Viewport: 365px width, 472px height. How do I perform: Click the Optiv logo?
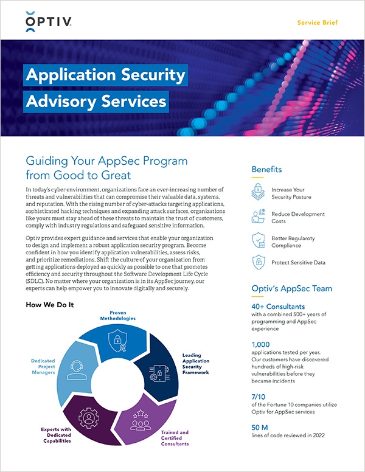[x=49, y=23]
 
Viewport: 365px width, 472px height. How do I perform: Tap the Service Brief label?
[x=318, y=23]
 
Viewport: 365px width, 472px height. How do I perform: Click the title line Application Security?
[x=105, y=75]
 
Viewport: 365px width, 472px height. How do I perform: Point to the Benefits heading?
[x=267, y=170]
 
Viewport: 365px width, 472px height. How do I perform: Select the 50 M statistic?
[x=260, y=426]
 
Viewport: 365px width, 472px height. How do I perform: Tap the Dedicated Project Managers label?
[x=43, y=366]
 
